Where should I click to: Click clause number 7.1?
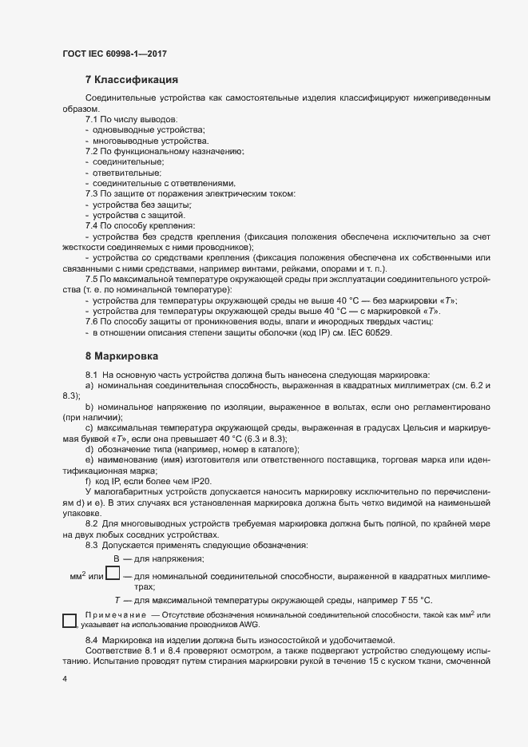pyautogui.click(x=92, y=119)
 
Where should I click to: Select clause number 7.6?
pyautogui.click(x=92, y=322)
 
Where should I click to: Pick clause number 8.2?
pyautogui.click(x=92, y=523)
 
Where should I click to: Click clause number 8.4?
pyautogui.click(x=92, y=642)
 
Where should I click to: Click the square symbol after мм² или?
pyautogui.click(x=113, y=573)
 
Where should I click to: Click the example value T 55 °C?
pyautogui.click(x=415, y=600)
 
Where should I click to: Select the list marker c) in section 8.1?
pyautogui.click(x=89, y=429)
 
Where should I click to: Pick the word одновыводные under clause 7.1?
pyautogui.click(x=121, y=129)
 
